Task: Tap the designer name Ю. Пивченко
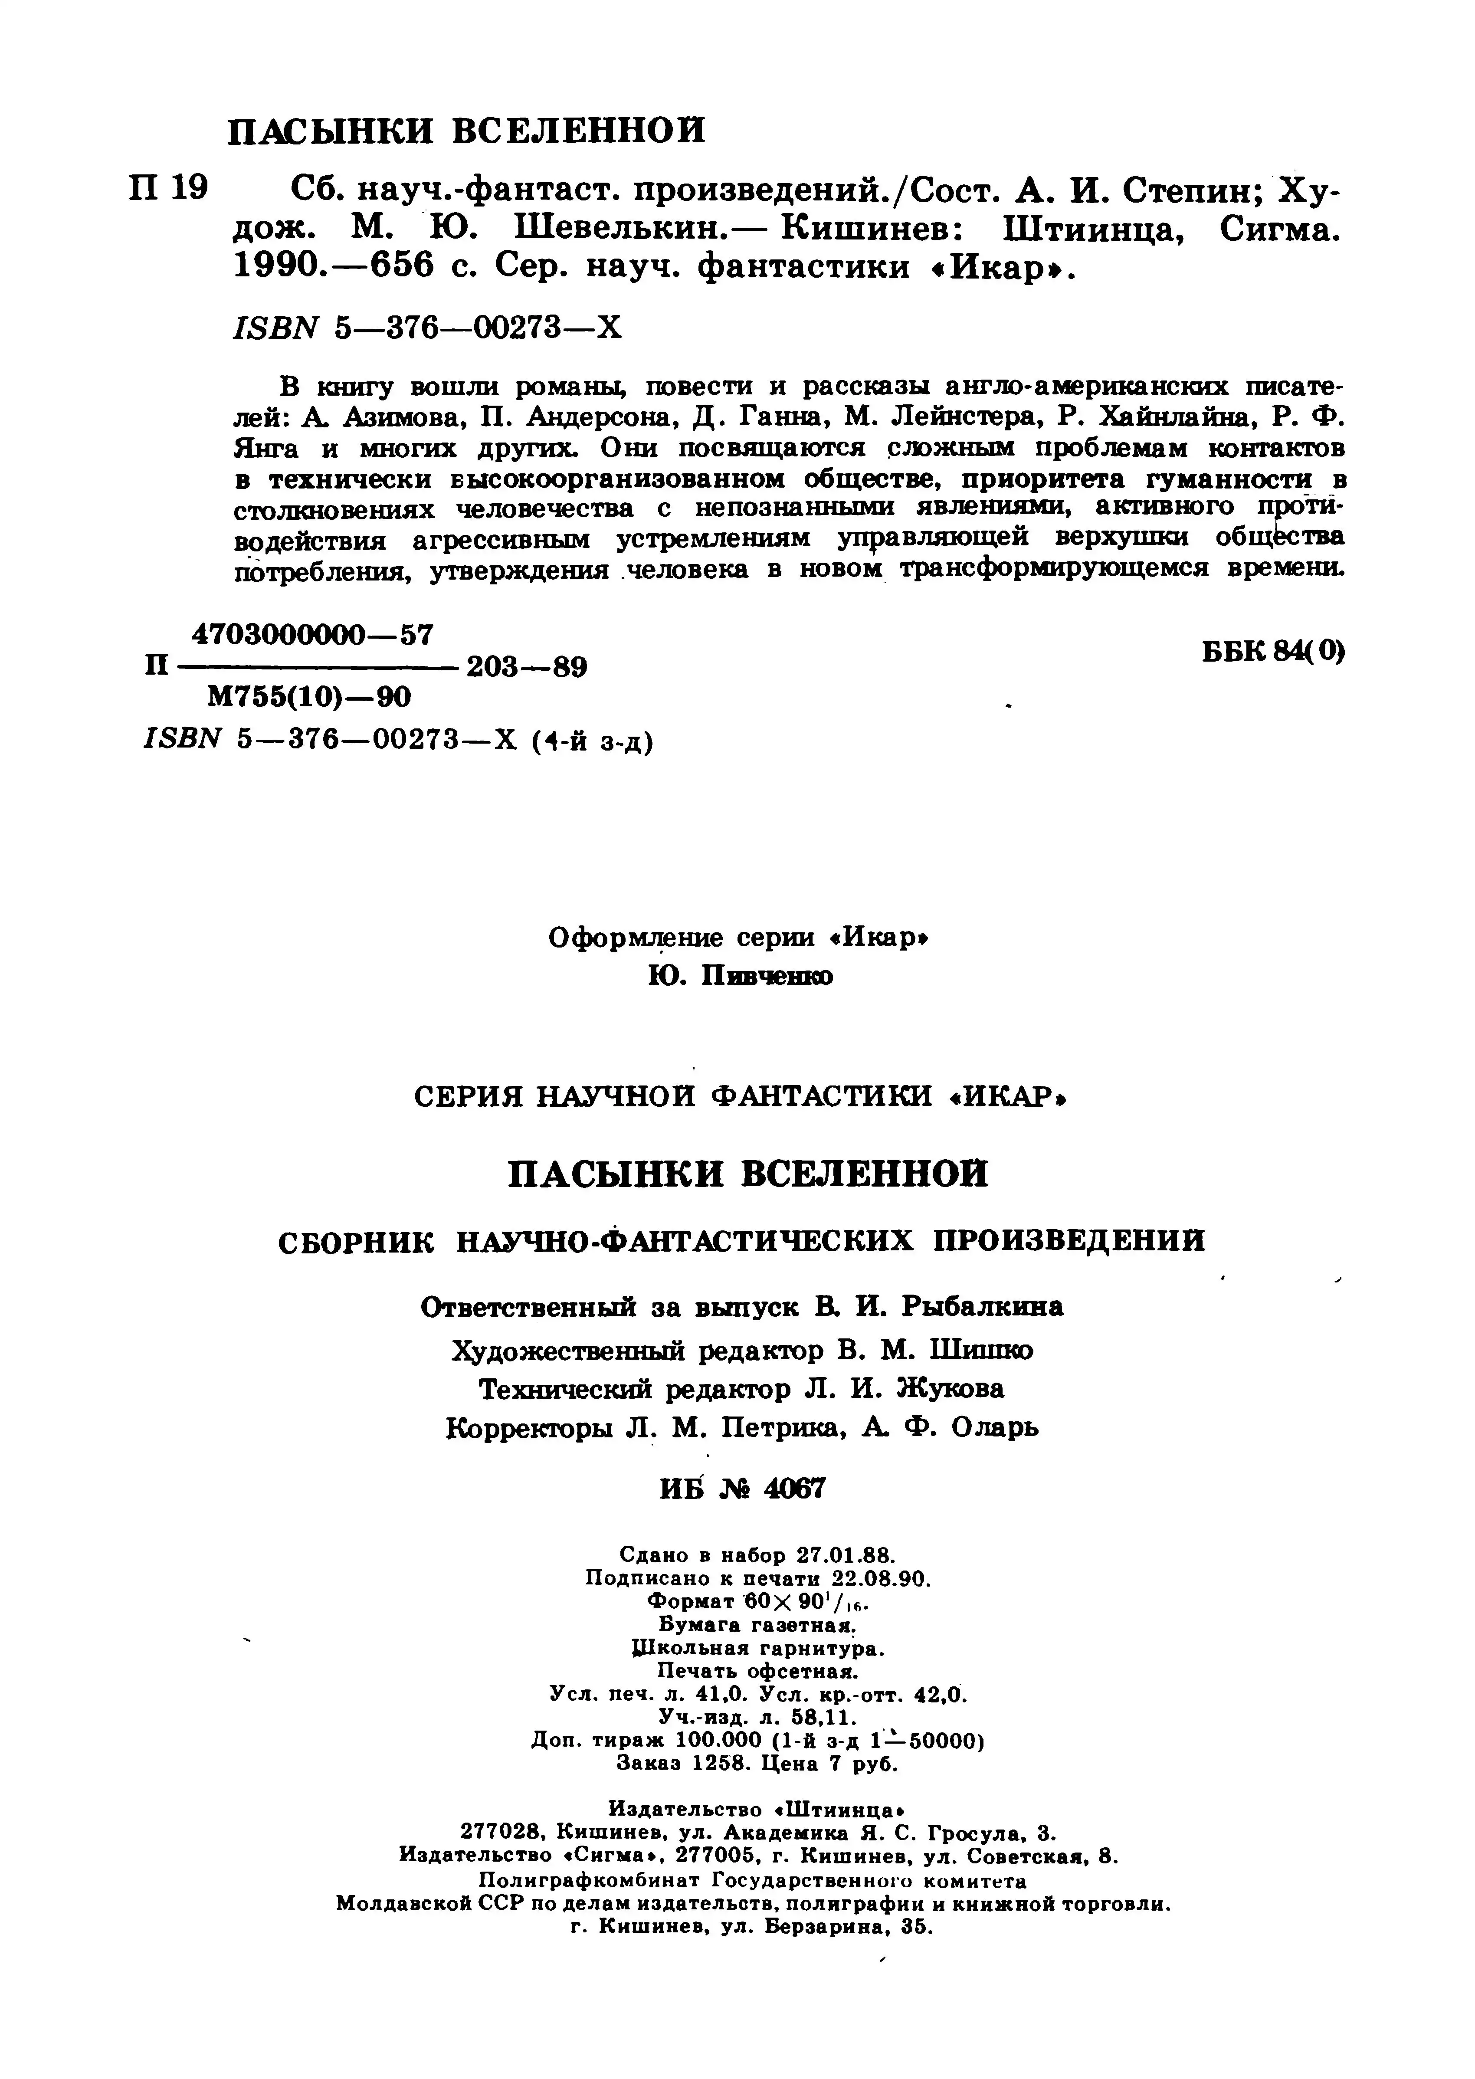coord(740,977)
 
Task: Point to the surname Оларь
coord(994,1429)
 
